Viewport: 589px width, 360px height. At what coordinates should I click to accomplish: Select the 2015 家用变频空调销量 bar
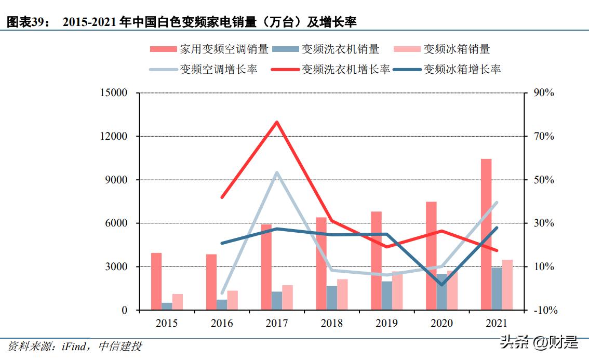pyautogui.click(x=156, y=281)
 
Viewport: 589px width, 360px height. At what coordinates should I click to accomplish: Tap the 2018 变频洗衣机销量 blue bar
pyautogui.click(x=331, y=298)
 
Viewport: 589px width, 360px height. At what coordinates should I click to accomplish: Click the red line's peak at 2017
pyautogui.click(x=277, y=122)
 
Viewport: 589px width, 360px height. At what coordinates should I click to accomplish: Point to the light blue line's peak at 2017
pyautogui.click(x=277, y=172)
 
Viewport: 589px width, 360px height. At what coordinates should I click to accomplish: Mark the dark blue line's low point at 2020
pyautogui.click(x=441, y=285)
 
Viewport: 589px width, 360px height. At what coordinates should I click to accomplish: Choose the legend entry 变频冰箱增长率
pyautogui.click(x=448, y=70)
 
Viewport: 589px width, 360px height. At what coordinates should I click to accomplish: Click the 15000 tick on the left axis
pyautogui.click(x=113, y=93)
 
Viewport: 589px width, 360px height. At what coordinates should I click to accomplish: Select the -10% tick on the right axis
pyautogui.click(x=544, y=310)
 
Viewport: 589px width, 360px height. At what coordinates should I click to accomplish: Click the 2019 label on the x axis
pyautogui.click(x=386, y=324)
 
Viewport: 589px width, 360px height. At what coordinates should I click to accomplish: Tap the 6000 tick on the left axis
pyautogui.click(x=116, y=223)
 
